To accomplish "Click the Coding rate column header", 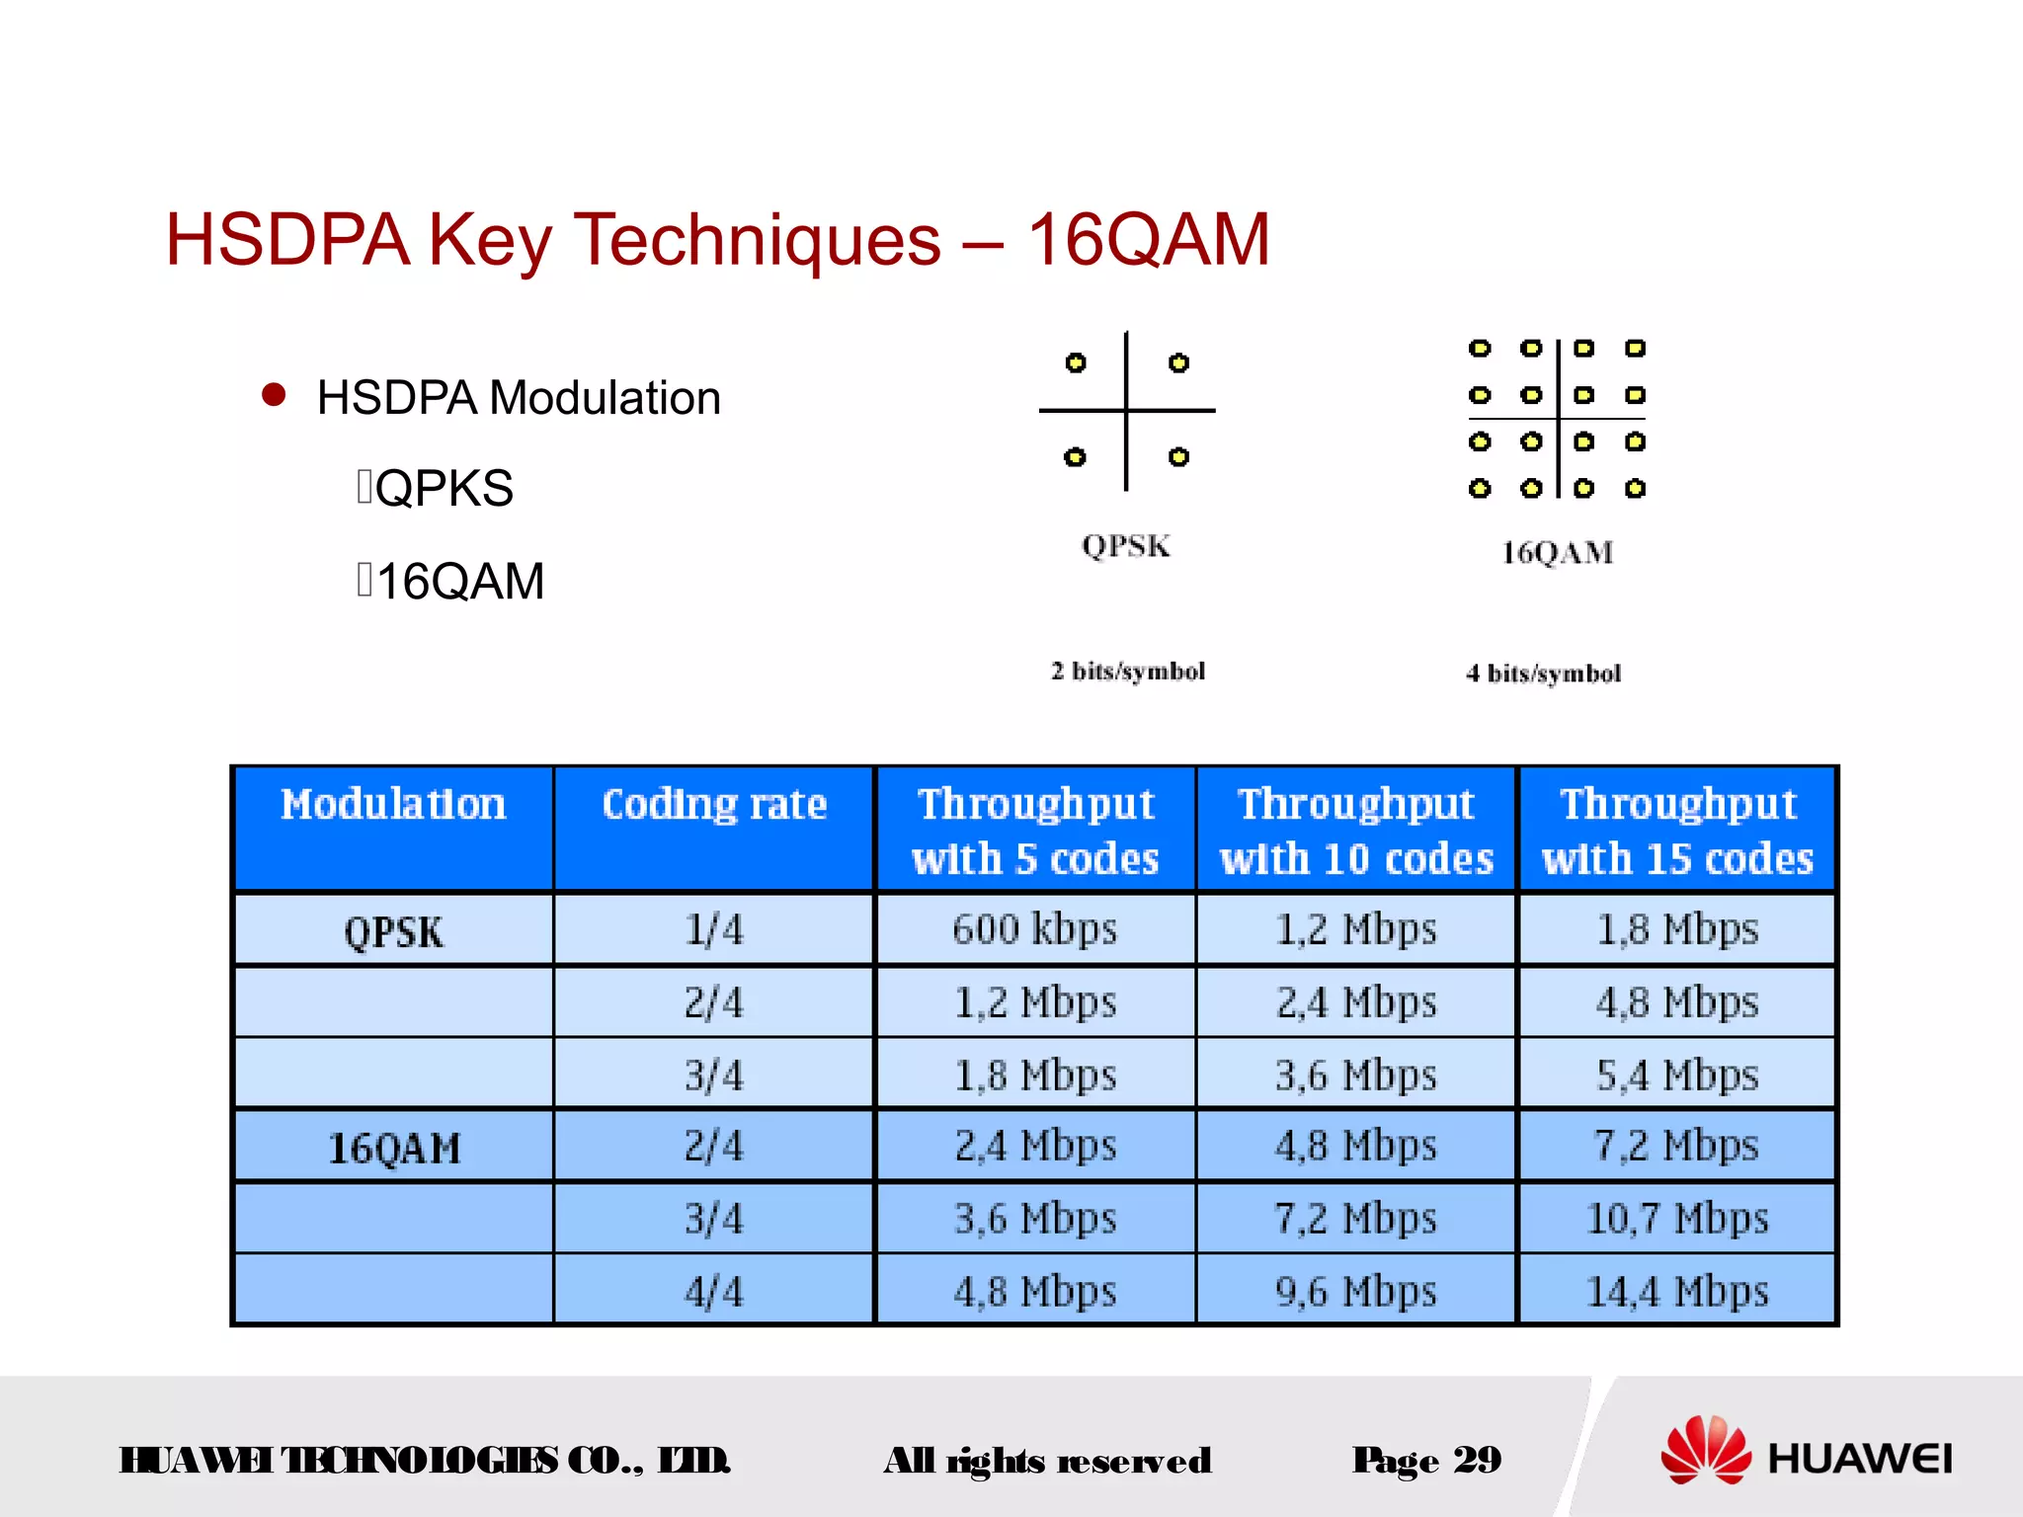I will pyautogui.click(x=714, y=805).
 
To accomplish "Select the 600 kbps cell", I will pyautogui.click(x=1034, y=929).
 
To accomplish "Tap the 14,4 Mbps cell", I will pyautogui.click(x=1676, y=1291).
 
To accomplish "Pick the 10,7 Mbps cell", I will pyautogui.click(x=1676, y=1218).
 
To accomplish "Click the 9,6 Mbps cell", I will pyautogui.click(x=1355, y=1291).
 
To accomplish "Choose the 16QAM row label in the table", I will pyautogui.click(x=393, y=1149).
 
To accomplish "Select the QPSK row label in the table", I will pyautogui.click(x=393, y=932).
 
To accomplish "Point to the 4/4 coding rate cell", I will pyautogui.click(x=713, y=1291).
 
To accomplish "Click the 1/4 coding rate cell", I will pyautogui.click(x=713, y=929).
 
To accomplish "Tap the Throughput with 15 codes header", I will pyautogui.click(x=1677, y=831).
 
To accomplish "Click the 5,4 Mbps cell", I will pyautogui.click(x=1676, y=1075).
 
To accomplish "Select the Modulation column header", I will pyautogui.click(x=393, y=805).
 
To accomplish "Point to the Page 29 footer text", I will pyautogui.click(x=1426, y=1460).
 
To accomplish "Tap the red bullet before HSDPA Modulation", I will pyautogui.click(x=274, y=396).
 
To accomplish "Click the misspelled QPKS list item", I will pyautogui.click(x=444, y=488).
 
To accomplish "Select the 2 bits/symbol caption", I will pyautogui.click(x=1128, y=672).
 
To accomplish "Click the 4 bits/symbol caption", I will pyautogui.click(x=1543, y=674).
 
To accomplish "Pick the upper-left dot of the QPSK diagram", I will pyautogui.click(x=1076, y=362).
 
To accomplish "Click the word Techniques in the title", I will pyautogui.click(x=758, y=240).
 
